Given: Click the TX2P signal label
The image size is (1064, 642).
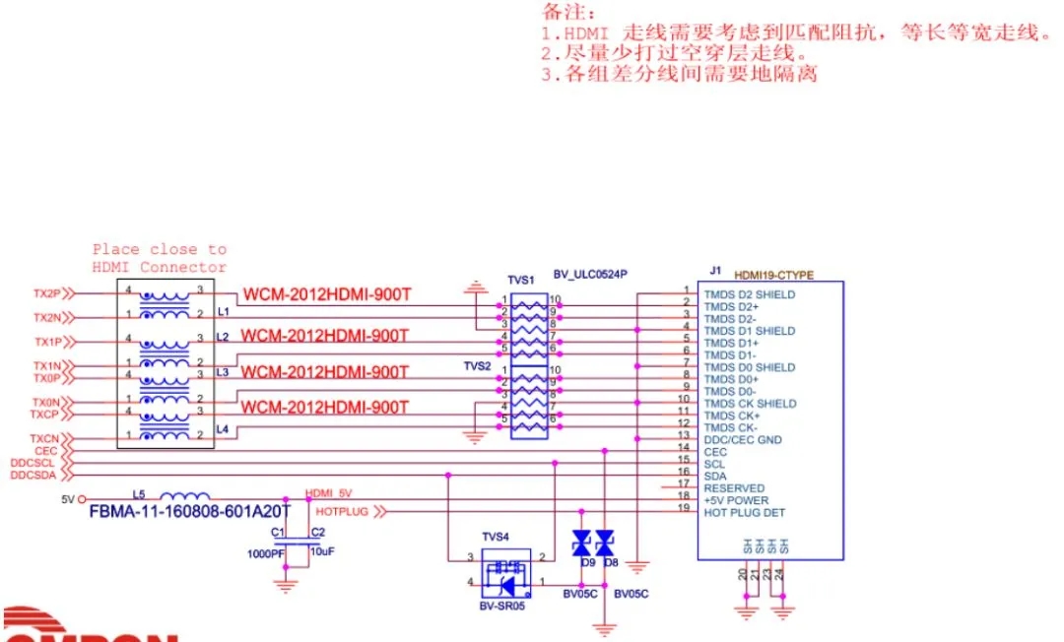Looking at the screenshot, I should [x=46, y=293].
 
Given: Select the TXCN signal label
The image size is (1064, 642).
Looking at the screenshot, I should [x=45, y=438].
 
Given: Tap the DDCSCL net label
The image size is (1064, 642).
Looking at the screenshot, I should [x=33, y=462].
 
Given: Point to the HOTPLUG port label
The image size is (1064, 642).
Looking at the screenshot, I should [x=341, y=512].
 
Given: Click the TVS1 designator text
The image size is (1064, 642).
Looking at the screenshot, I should [x=521, y=281].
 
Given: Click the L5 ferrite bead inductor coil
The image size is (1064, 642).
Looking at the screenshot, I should [x=184, y=497].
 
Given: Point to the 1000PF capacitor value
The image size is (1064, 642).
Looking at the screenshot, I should [x=266, y=553].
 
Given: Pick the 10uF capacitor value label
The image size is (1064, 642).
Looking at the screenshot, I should [x=322, y=552].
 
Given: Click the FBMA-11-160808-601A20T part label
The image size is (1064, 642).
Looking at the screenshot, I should [x=189, y=512].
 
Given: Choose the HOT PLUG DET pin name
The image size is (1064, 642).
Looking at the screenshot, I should [x=746, y=512].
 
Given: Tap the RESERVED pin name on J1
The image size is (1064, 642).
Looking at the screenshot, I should [x=734, y=488].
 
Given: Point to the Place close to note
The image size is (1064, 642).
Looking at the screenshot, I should [x=160, y=258].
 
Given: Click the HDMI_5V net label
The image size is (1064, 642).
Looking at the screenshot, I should [x=331, y=493].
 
